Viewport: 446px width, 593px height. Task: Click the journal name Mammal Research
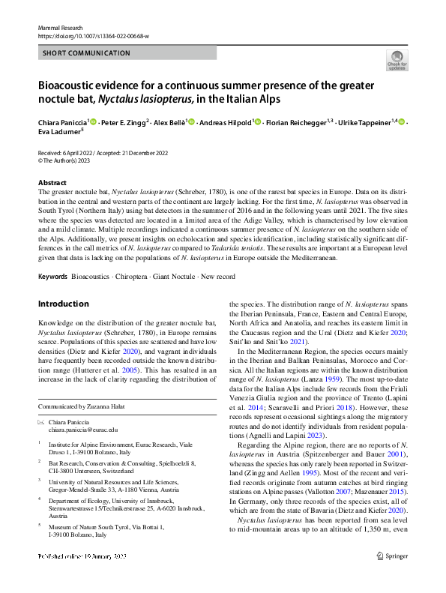[58, 26]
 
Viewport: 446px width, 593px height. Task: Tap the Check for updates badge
[397, 58]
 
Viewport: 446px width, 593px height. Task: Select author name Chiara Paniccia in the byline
[63, 122]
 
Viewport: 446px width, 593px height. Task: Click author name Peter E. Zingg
[122, 122]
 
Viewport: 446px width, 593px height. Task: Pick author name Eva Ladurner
[59, 133]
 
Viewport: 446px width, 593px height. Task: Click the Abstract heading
[52, 183]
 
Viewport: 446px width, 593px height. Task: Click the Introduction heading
[63, 304]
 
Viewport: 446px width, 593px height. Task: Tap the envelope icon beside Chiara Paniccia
[41, 423]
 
